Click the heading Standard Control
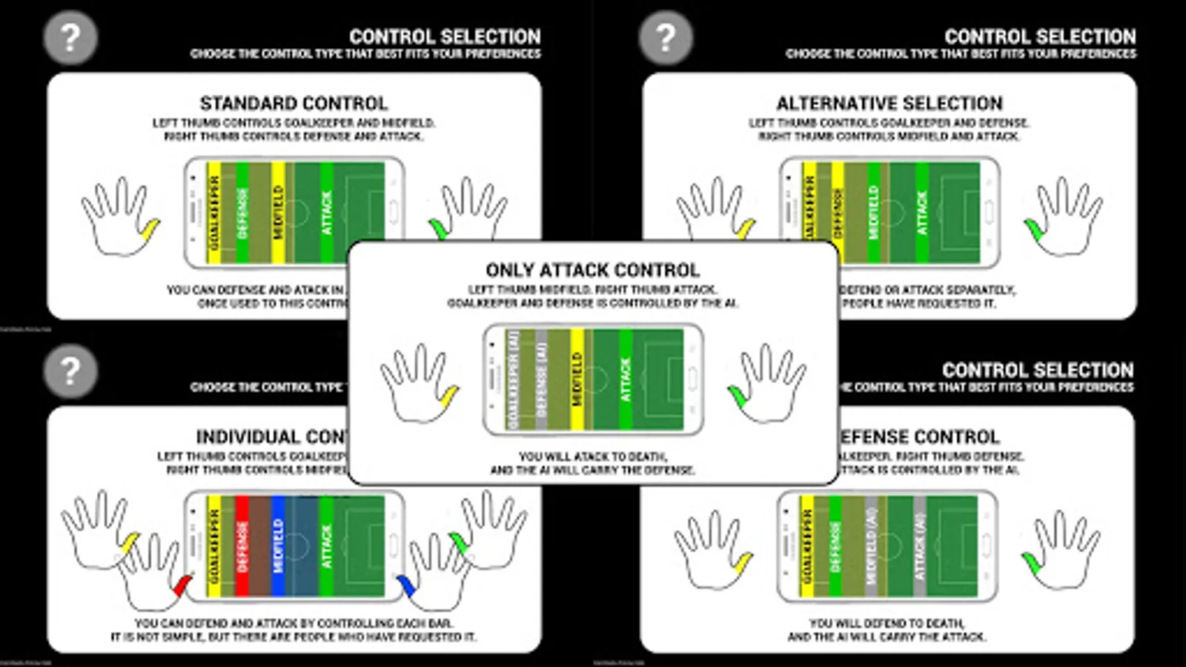pyautogui.click(x=294, y=103)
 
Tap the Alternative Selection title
pyautogui.click(x=889, y=103)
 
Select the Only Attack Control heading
pyautogui.click(x=592, y=270)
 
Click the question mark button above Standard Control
pyautogui.click(x=70, y=37)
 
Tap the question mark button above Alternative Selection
pyautogui.click(x=666, y=37)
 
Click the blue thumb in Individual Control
pyautogui.click(x=406, y=586)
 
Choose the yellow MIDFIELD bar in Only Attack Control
pyautogui.click(x=577, y=379)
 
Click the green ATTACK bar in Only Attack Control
pyautogui.click(x=626, y=379)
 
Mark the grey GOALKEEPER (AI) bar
pyautogui.click(x=512, y=379)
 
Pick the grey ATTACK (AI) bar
pyautogui.click(x=920, y=546)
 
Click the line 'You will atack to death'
pyautogui.click(x=592, y=457)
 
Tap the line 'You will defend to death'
pyautogui.click(x=887, y=623)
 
